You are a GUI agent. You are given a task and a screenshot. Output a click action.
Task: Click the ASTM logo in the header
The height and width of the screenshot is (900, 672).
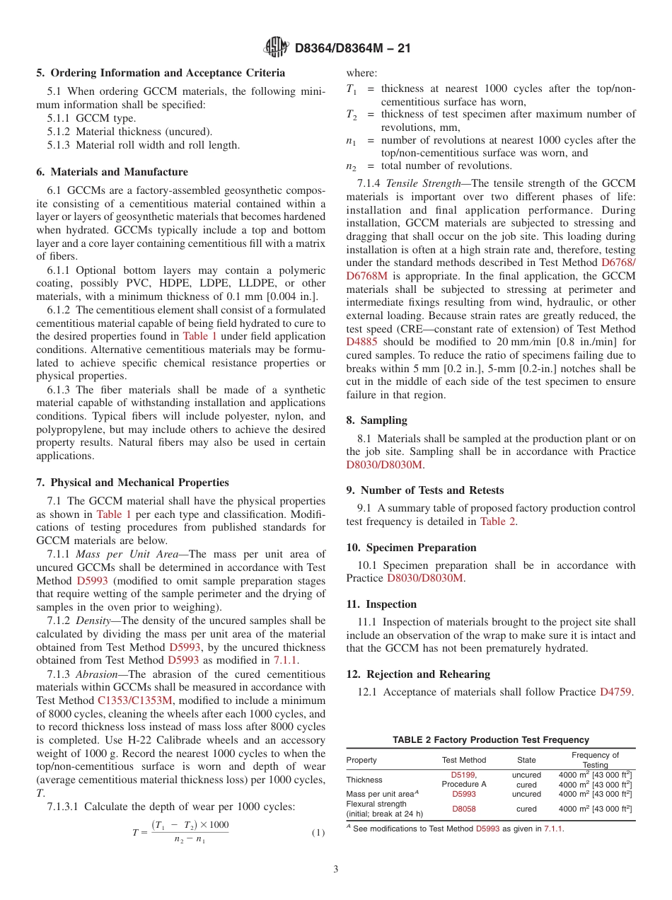(x=277, y=47)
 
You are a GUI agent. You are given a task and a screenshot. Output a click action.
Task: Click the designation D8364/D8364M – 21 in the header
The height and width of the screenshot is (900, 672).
(x=352, y=48)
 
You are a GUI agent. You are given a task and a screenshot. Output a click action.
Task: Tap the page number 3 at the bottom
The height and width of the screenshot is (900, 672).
(x=336, y=869)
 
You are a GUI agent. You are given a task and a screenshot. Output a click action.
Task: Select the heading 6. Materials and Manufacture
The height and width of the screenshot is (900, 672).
(x=112, y=172)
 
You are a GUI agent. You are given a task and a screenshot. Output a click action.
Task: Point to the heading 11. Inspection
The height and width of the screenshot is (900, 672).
(x=381, y=604)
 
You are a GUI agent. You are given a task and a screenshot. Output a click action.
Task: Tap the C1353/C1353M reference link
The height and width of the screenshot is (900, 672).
(x=134, y=700)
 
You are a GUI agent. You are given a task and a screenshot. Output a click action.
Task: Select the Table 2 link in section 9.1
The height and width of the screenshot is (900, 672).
(x=497, y=521)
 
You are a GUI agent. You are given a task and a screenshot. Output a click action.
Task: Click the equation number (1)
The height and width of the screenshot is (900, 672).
(x=318, y=833)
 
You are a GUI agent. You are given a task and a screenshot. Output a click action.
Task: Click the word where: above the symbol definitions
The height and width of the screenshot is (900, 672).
(x=361, y=73)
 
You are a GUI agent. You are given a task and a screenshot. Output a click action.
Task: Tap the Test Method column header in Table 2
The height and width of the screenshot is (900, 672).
(x=463, y=760)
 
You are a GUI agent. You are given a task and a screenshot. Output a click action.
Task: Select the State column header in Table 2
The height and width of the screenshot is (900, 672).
(x=526, y=760)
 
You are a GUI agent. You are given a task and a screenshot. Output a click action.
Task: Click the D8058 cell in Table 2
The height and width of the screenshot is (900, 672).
(x=463, y=809)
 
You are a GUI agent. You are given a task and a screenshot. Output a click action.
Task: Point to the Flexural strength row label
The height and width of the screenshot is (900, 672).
(x=376, y=804)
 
